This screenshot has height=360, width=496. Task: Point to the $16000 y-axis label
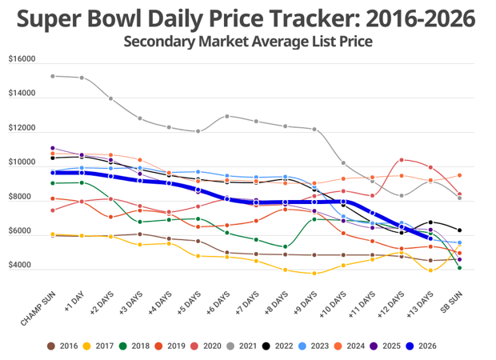[22, 59]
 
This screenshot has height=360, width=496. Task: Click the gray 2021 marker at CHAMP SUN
[53, 76]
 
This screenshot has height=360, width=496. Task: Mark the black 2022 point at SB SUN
[459, 230]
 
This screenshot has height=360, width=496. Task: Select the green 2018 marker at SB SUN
[459, 268]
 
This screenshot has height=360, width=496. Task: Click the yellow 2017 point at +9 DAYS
[314, 274]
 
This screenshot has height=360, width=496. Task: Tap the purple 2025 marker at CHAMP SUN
[53, 148]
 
